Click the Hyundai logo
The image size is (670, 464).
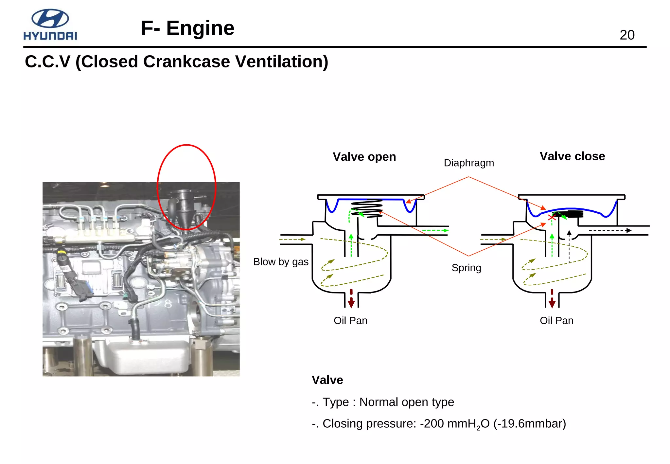[50, 25]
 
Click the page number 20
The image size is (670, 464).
[627, 35]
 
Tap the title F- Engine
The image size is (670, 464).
[187, 28]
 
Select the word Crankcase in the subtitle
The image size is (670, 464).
[186, 62]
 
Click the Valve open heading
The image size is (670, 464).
[364, 157]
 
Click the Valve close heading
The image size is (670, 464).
[572, 156]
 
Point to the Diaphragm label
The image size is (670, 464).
[468, 163]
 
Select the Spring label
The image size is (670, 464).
[466, 268]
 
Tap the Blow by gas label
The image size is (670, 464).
[281, 262]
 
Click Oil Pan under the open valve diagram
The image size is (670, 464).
[350, 320]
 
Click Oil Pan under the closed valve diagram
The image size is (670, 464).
[556, 320]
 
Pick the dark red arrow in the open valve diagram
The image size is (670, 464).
[351, 299]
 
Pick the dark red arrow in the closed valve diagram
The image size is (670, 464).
[552, 299]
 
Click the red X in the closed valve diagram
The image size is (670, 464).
[552, 217]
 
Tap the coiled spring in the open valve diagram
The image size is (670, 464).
[367, 208]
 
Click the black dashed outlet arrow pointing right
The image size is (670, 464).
[610, 231]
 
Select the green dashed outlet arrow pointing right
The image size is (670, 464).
[435, 230]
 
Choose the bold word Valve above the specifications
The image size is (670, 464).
[327, 380]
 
